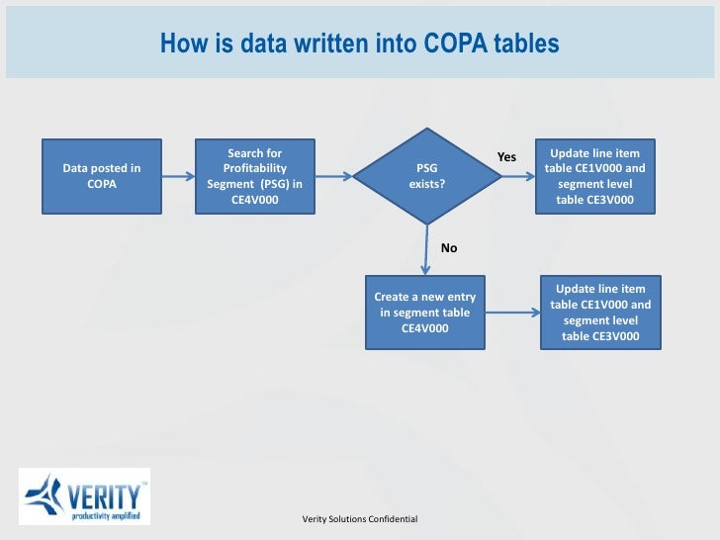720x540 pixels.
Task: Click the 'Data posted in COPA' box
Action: tap(101, 176)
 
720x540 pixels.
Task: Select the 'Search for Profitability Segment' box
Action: tap(254, 176)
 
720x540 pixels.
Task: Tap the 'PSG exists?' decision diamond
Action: tap(426, 176)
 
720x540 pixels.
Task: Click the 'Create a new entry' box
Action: tap(425, 313)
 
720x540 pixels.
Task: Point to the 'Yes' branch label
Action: tap(506, 157)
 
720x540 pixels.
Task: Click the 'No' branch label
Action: tap(449, 248)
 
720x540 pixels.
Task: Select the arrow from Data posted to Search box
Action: tap(175, 177)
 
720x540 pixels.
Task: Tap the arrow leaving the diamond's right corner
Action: tap(515, 177)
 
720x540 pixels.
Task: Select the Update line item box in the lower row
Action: tap(601, 313)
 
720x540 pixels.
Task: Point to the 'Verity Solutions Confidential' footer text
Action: tap(360, 519)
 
